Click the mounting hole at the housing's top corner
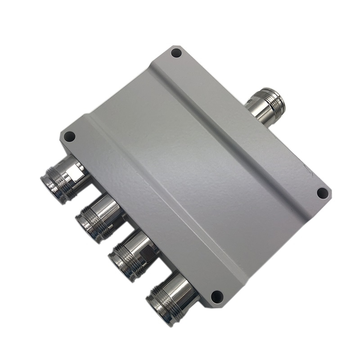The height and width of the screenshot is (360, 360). coord(176,53)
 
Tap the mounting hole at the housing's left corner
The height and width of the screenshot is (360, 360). coord(69,136)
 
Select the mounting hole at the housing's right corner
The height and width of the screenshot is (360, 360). coord(322,193)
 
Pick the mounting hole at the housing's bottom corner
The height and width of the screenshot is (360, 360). coord(217,296)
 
